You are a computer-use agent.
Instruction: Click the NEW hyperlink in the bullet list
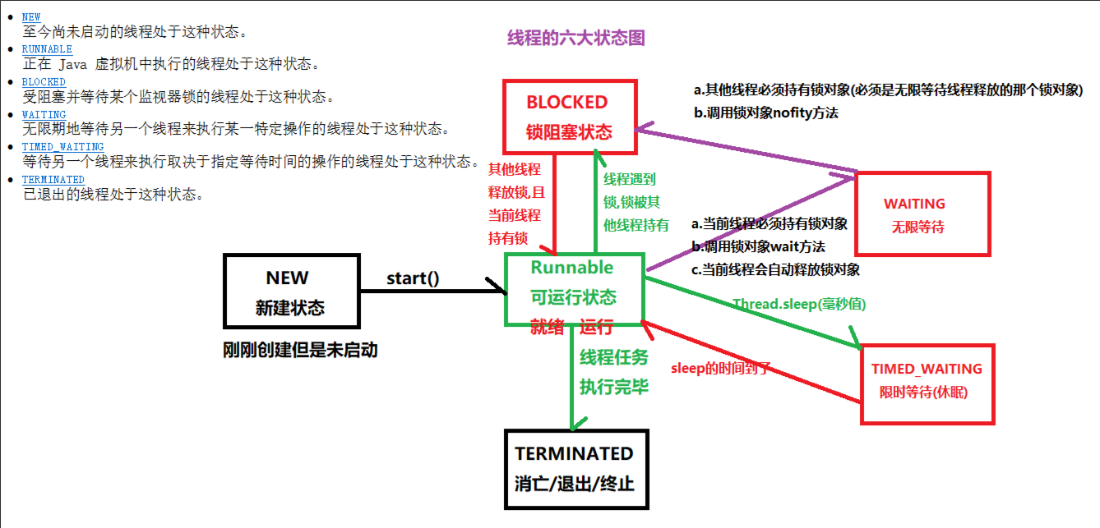[x=31, y=16]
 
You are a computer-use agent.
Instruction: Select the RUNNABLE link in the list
[x=47, y=49]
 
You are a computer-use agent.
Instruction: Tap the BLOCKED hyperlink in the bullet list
[x=44, y=81]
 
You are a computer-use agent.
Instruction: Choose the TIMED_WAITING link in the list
[x=62, y=147]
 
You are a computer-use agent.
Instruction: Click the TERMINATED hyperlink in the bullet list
[x=53, y=180]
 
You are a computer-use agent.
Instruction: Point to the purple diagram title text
[x=576, y=38]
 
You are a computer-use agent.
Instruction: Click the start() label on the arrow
[x=413, y=278]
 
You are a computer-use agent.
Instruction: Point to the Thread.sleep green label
[x=799, y=304]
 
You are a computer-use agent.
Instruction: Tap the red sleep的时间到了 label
[x=721, y=368]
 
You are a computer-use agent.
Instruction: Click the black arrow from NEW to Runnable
[x=433, y=291]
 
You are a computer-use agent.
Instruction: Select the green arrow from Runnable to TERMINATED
[x=572, y=378]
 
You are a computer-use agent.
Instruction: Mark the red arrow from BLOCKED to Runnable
[x=555, y=204]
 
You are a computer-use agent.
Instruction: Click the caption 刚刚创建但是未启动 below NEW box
[x=300, y=350]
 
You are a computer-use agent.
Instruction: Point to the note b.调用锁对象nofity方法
[x=766, y=112]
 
